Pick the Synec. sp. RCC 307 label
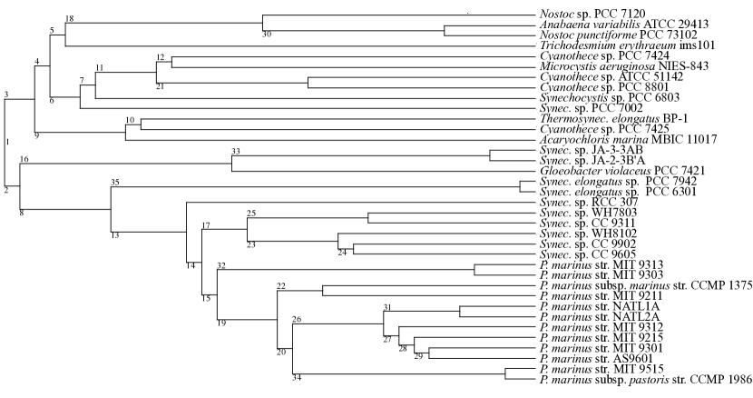[578, 201]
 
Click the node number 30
[267, 35]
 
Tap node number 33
[237, 150]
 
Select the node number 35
[115, 183]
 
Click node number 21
[160, 86]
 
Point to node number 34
[297, 378]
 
